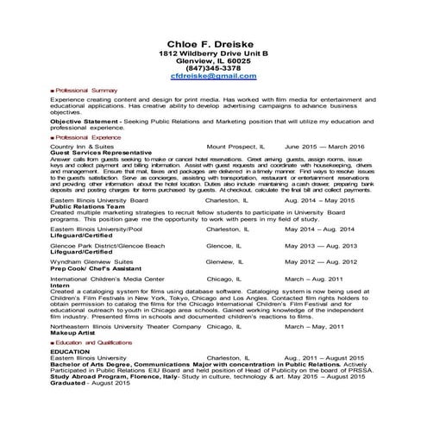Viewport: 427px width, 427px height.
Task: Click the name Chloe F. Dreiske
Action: coord(213,44)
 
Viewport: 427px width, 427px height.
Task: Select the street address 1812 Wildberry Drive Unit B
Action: coord(213,53)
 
